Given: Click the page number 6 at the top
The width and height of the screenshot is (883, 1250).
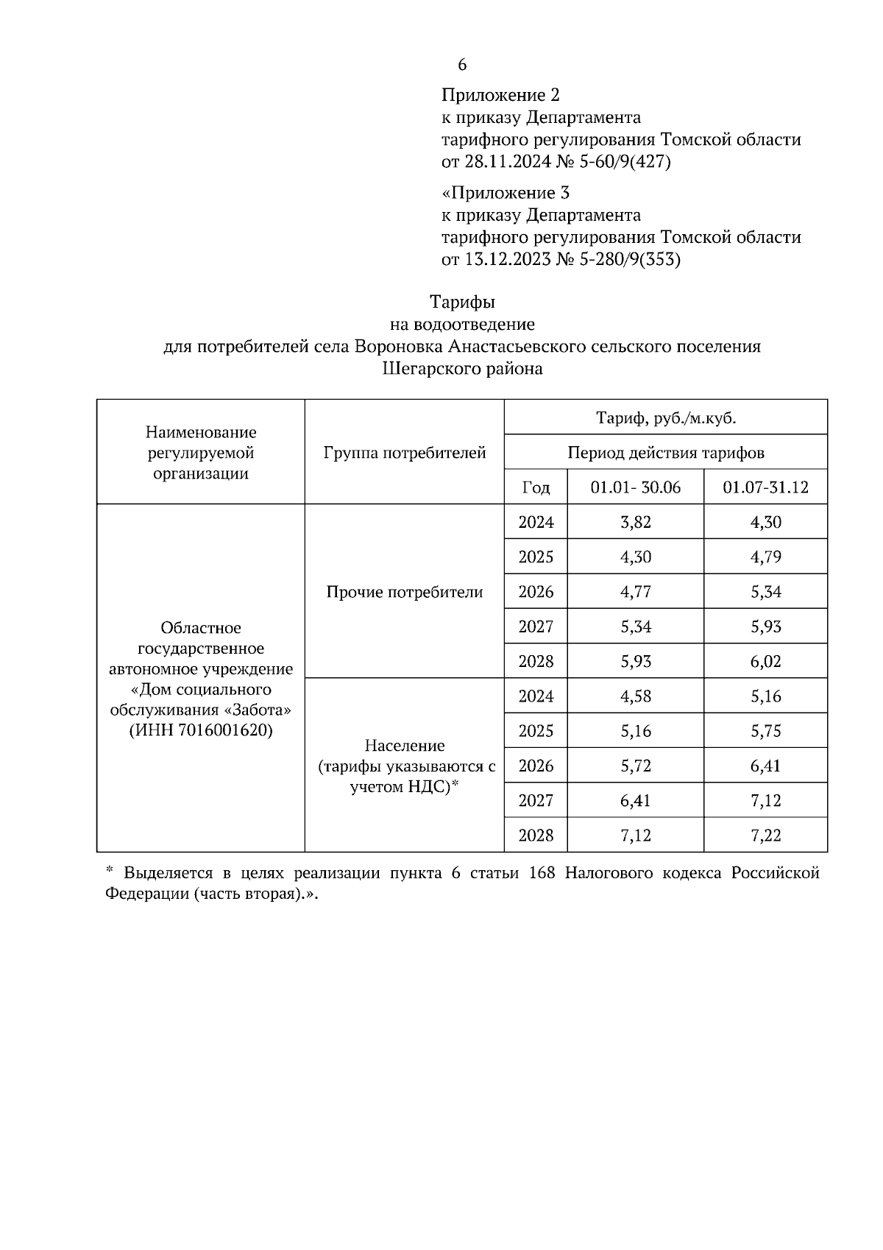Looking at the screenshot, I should tap(462, 65).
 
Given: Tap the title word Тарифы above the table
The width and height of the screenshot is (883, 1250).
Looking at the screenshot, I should tap(462, 302).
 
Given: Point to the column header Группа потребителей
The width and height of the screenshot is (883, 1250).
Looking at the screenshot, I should tap(405, 453).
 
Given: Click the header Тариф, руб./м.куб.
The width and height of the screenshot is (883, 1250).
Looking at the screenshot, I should tap(666, 418).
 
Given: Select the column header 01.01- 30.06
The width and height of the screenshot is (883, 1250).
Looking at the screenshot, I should tap(636, 487).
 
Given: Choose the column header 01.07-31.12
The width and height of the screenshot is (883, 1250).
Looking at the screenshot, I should tap(765, 487).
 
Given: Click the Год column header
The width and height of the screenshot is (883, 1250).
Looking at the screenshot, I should tap(536, 487).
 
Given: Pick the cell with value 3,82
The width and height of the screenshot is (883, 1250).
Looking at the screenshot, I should tap(636, 523).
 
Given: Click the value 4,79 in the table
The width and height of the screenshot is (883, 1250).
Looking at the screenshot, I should tap(765, 557).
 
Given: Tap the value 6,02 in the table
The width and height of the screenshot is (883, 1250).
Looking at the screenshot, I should tap(765, 662).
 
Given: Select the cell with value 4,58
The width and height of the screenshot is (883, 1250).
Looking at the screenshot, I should tap(636, 696).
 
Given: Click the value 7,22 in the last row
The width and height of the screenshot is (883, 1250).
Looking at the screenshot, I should tap(765, 836).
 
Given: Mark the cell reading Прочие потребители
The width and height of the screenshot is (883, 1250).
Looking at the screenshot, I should tap(405, 592).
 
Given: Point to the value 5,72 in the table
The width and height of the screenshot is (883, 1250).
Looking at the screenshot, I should tap(636, 766).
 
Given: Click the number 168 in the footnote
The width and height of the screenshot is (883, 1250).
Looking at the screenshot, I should tap(542, 873).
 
